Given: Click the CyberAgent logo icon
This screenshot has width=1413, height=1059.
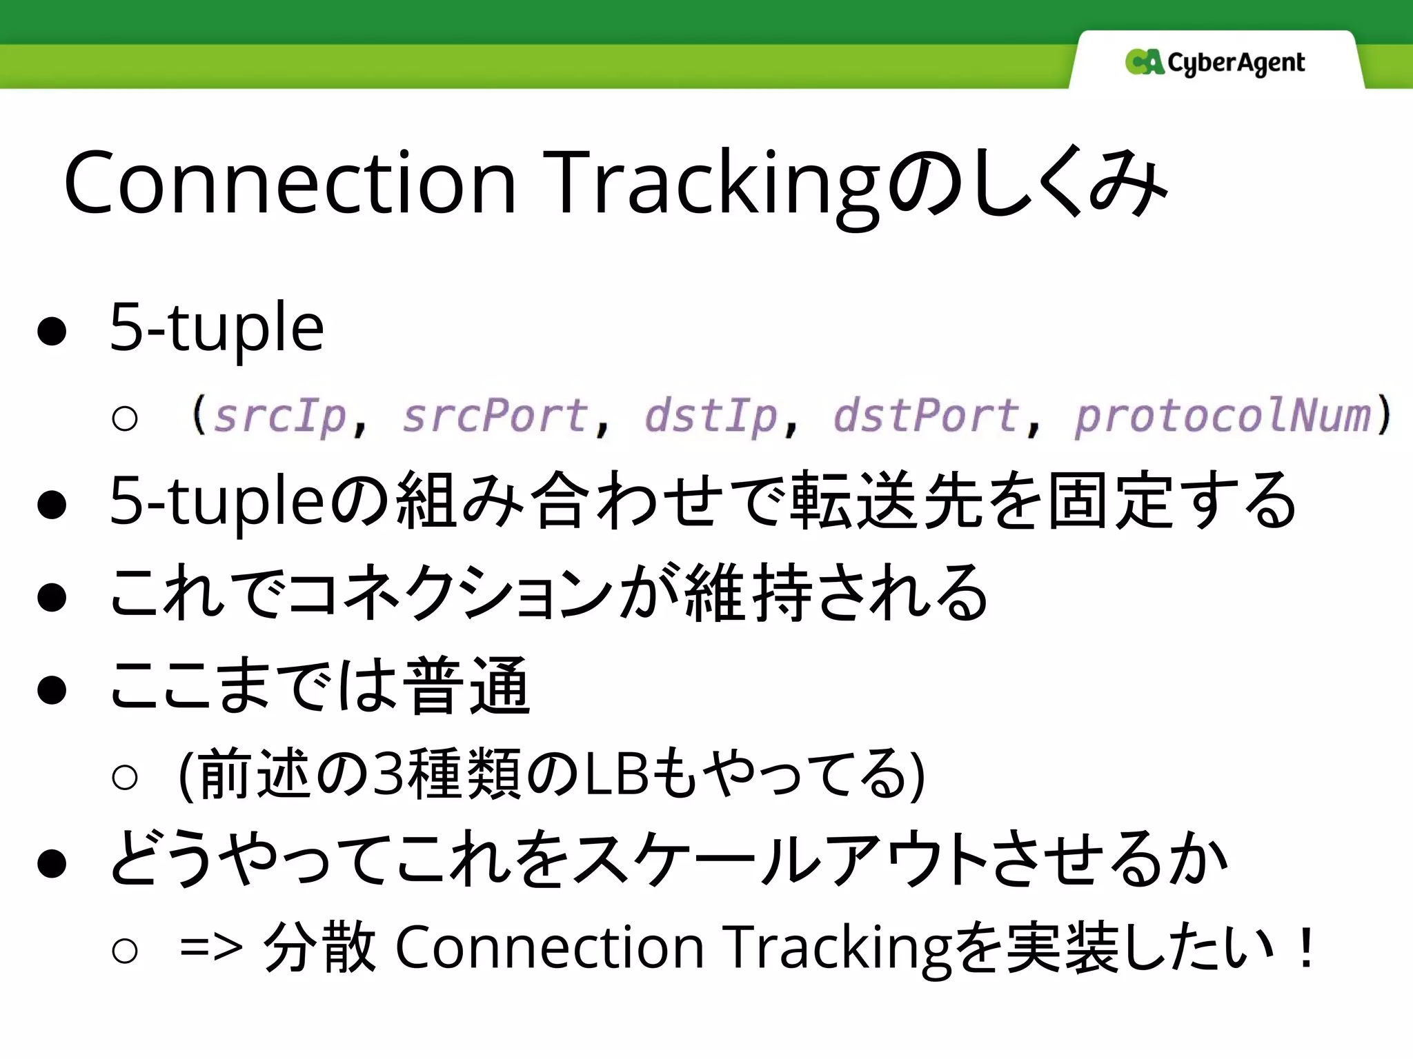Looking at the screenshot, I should (x=1144, y=62).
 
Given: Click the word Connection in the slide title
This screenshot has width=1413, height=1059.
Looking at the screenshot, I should (x=290, y=183).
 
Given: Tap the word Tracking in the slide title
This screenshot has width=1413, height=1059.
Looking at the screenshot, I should (x=711, y=183).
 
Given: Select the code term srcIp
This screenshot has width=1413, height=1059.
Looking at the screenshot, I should (x=279, y=416).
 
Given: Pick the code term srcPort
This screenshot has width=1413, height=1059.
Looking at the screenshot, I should (x=494, y=416).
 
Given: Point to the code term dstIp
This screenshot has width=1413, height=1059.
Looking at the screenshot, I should (x=711, y=416).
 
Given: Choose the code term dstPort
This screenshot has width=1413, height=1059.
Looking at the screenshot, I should (x=925, y=416).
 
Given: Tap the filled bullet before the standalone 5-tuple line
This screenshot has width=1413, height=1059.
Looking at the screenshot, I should (x=52, y=331).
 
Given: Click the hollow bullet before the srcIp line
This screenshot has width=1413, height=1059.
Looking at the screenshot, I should (x=125, y=418).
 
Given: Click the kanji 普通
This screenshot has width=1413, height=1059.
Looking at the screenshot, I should (x=466, y=686).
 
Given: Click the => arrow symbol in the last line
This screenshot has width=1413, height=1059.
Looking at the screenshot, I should (x=210, y=947).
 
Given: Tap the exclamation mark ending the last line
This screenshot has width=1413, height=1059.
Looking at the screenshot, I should (x=1305, y=947).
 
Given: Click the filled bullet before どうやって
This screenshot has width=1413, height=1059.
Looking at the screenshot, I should (x=52, y=863).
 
